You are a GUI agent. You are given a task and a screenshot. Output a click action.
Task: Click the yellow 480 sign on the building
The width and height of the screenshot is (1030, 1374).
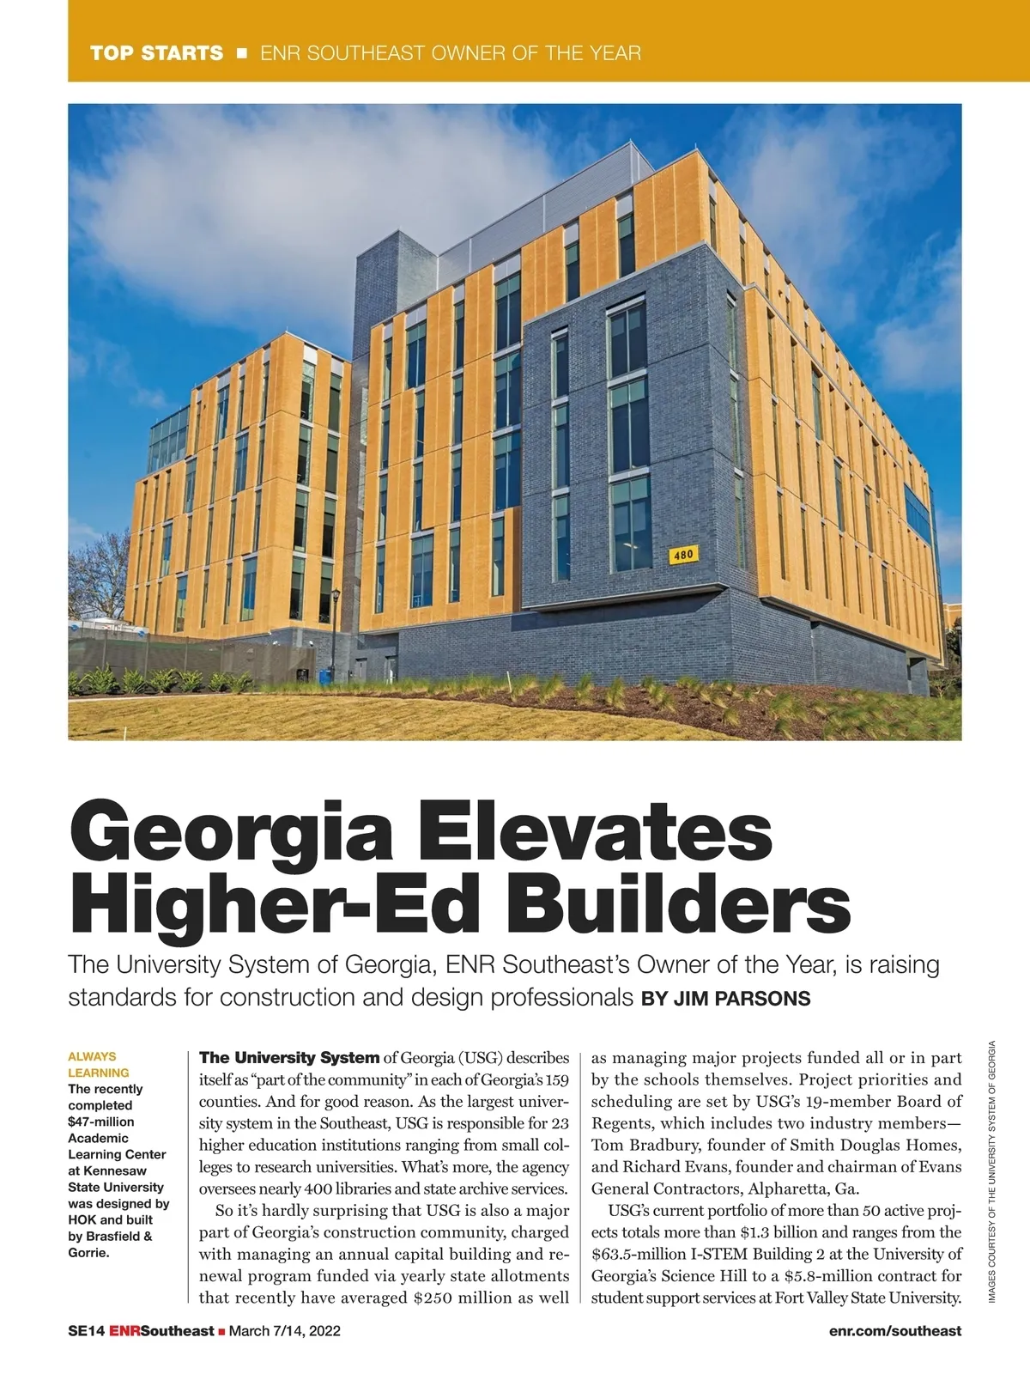tap(682, 555)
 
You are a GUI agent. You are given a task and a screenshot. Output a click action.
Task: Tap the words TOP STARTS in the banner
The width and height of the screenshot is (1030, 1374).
tap(156, 53)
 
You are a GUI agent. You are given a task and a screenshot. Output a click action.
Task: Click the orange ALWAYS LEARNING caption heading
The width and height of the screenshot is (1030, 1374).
tap(99, 1065)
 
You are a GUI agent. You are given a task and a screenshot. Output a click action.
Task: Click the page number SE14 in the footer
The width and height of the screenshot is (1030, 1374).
tap(86, 1331)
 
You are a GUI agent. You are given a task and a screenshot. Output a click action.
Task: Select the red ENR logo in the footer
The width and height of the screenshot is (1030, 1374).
tap(124, 1331)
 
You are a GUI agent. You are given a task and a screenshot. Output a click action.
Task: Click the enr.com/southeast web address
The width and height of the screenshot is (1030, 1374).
tap(895, 1331)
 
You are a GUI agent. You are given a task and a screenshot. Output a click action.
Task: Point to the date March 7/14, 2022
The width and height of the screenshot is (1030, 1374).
tap(285, 1331)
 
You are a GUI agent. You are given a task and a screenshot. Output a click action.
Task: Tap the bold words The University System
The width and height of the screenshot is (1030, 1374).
tap(289, 1058)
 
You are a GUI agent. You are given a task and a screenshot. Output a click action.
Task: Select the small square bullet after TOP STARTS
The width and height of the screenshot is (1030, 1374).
tap(241, 53)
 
